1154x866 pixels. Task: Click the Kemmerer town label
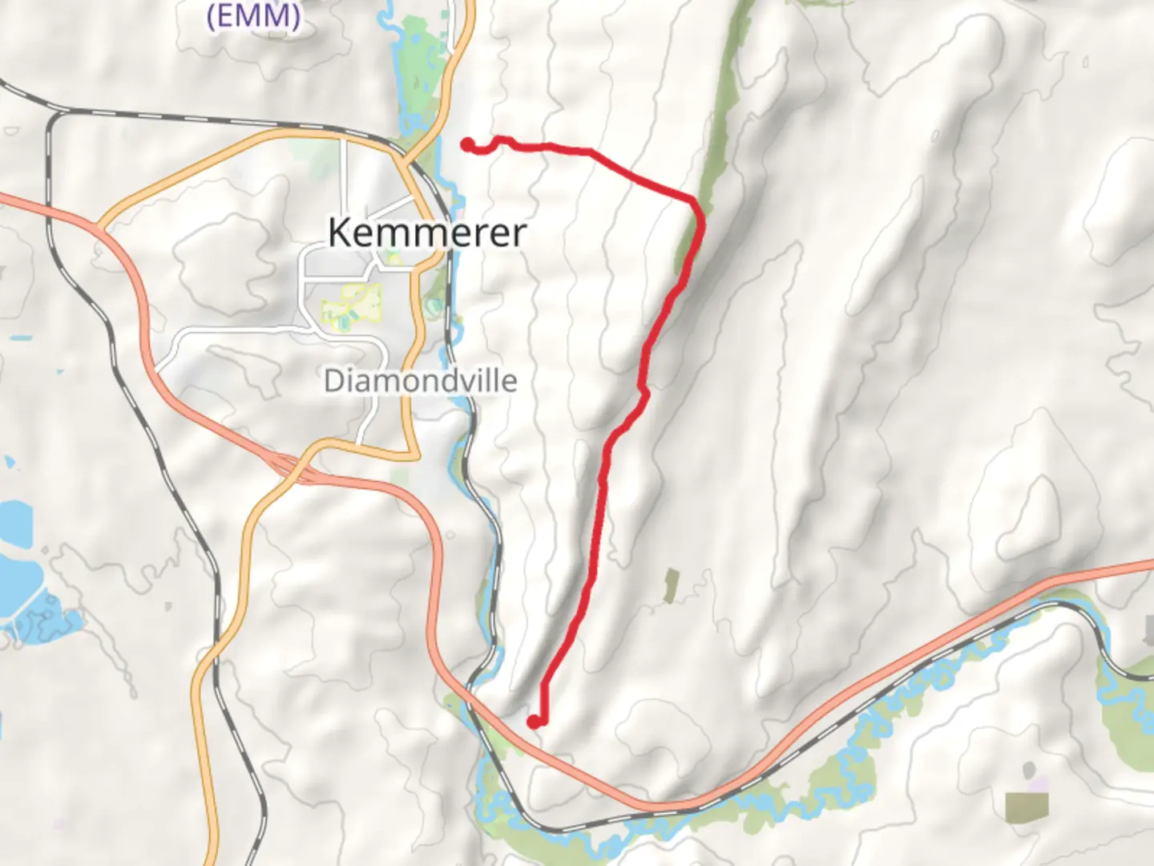(427, 233)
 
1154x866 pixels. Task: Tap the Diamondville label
(420, 380)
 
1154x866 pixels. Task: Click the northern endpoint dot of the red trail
(467, 144)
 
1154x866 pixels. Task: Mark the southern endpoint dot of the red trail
(533, 722)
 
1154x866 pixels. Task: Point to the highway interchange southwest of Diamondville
(284, 467)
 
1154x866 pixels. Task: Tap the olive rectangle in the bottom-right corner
(1027, 807)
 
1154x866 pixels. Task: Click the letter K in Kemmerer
(340, 233)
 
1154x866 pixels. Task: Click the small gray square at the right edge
(1149, 629)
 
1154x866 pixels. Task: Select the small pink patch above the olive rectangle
(1037, 782)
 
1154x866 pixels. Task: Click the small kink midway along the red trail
(643, 391)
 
